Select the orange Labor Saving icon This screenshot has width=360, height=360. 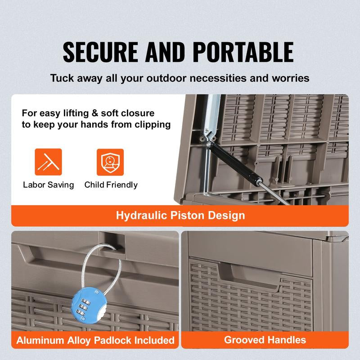[x=48, y=162]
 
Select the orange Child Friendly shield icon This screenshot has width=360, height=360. [x=110, y=162]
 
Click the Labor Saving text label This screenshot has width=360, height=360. [x=48, y=185]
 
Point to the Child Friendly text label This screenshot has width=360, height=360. [x=111, y=185]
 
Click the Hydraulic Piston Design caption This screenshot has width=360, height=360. [x=180, y=215]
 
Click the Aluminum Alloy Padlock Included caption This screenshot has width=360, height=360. [x=95, y=340]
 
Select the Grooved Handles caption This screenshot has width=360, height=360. [x=265, y=340]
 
